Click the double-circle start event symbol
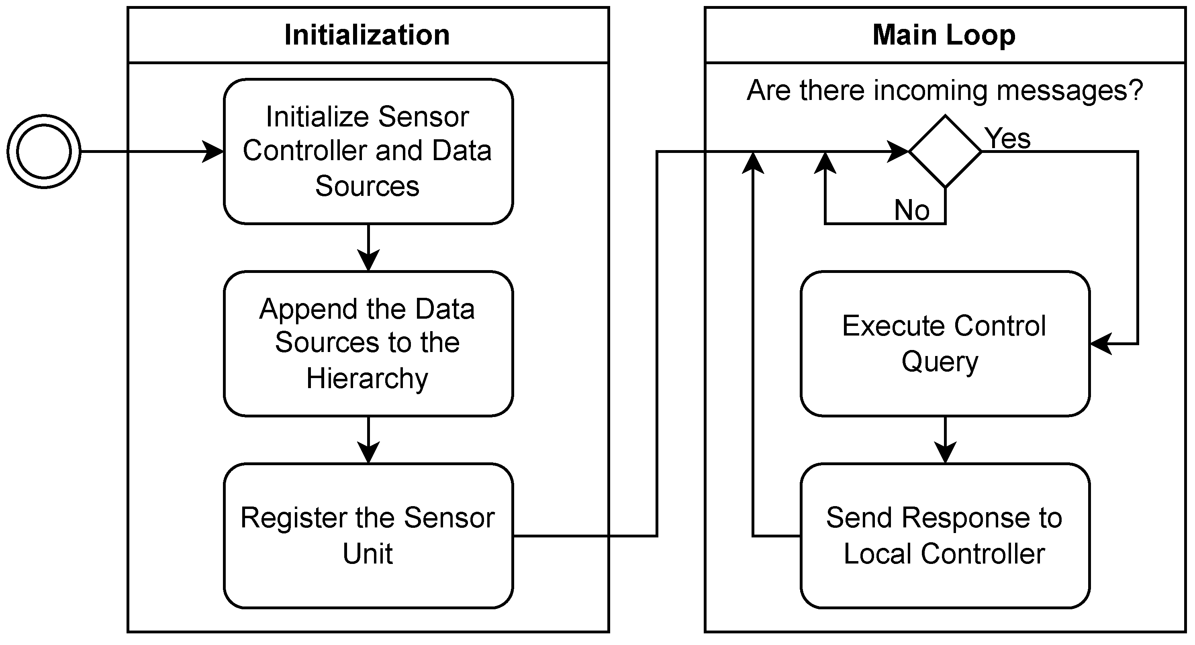tap(44, 152)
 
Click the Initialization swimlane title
tap(367, 35)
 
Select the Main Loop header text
tap(944, 35)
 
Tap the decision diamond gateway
tap(945, 152)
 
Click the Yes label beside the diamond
tap(1007, 138)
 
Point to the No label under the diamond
tap(911, 210)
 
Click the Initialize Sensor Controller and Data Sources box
tap(368, 152)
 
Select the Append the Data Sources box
tap(368, 344)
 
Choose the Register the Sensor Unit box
tap(368, 535)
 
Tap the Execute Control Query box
tap(945, 344)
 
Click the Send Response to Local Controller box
tap(945, 535)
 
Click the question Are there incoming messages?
tap(945, 90)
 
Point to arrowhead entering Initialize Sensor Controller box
tap(214, 152)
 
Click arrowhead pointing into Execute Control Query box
tap(1100, 344)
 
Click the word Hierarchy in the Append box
tap(367, 378)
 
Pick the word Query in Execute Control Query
tap(940, 362)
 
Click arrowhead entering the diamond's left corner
tap(898, 152)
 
